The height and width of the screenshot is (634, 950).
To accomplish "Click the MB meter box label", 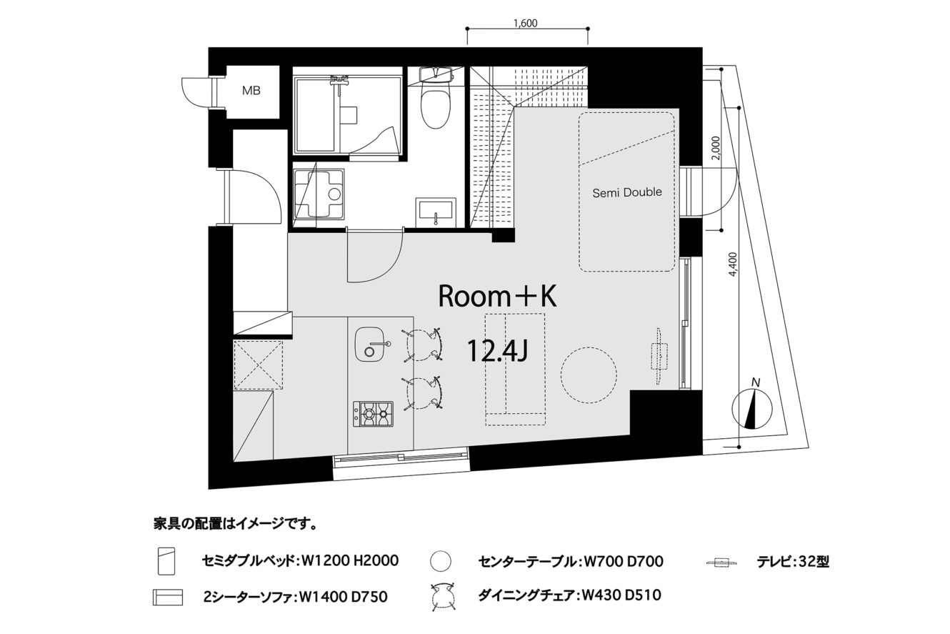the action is tap(251, 90).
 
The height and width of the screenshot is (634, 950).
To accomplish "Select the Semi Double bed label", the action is tap(627, 193).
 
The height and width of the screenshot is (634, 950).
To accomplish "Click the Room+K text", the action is tap(497, 296).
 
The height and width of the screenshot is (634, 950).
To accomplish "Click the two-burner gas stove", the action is tap(373, 414).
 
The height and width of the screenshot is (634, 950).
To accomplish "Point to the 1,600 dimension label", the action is tap(526, 24).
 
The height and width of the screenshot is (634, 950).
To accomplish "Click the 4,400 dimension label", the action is tap(734, 264).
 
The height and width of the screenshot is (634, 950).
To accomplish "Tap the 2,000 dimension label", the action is tap(716, 148).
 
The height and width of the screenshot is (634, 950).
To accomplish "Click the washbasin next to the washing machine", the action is tap(436, 212).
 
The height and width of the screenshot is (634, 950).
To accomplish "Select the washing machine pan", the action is tap(319, 194).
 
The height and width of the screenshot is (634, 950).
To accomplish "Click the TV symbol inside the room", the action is tap(659, 356).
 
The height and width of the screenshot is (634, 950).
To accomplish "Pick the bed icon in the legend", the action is tap(166, 561).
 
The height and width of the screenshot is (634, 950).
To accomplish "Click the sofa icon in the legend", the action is tap(168, 597).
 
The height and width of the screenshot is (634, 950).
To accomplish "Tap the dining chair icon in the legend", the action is tap(443, 596).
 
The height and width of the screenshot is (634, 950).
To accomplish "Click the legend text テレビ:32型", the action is tap(793, 562).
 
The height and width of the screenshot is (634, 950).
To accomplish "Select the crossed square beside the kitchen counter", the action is tap(259, 365).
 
